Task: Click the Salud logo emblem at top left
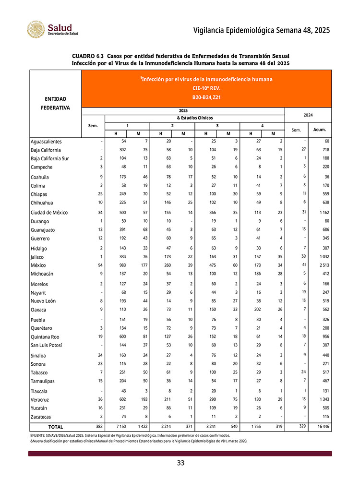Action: [x=36, y=30]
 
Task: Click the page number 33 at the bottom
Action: [x=180, y=463]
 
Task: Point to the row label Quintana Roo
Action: [x=45, y=337]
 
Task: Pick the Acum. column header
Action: [x=320, y=130]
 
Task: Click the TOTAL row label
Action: [x=55, y=427]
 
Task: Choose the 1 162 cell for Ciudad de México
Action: [x=322, y=213]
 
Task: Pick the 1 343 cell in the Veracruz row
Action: [x=322, y=399]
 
